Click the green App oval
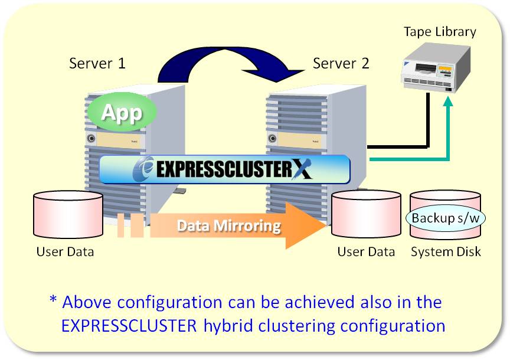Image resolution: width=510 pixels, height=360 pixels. (x=123, y=112)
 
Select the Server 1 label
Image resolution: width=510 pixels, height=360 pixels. (x=97, y=63)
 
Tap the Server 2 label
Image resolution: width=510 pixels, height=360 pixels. (x=341, y=63)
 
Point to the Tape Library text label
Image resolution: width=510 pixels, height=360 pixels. (x=440, y=32)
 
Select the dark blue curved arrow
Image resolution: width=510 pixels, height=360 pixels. (x=230, y=62)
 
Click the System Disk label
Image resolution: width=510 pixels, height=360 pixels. (x=446, y=252)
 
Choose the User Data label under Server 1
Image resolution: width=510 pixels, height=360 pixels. (x=65, y=252)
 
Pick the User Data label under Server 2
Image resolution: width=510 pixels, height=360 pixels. (x=366, y=252)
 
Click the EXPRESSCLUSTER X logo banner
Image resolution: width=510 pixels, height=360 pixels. (x=224, y=170)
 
